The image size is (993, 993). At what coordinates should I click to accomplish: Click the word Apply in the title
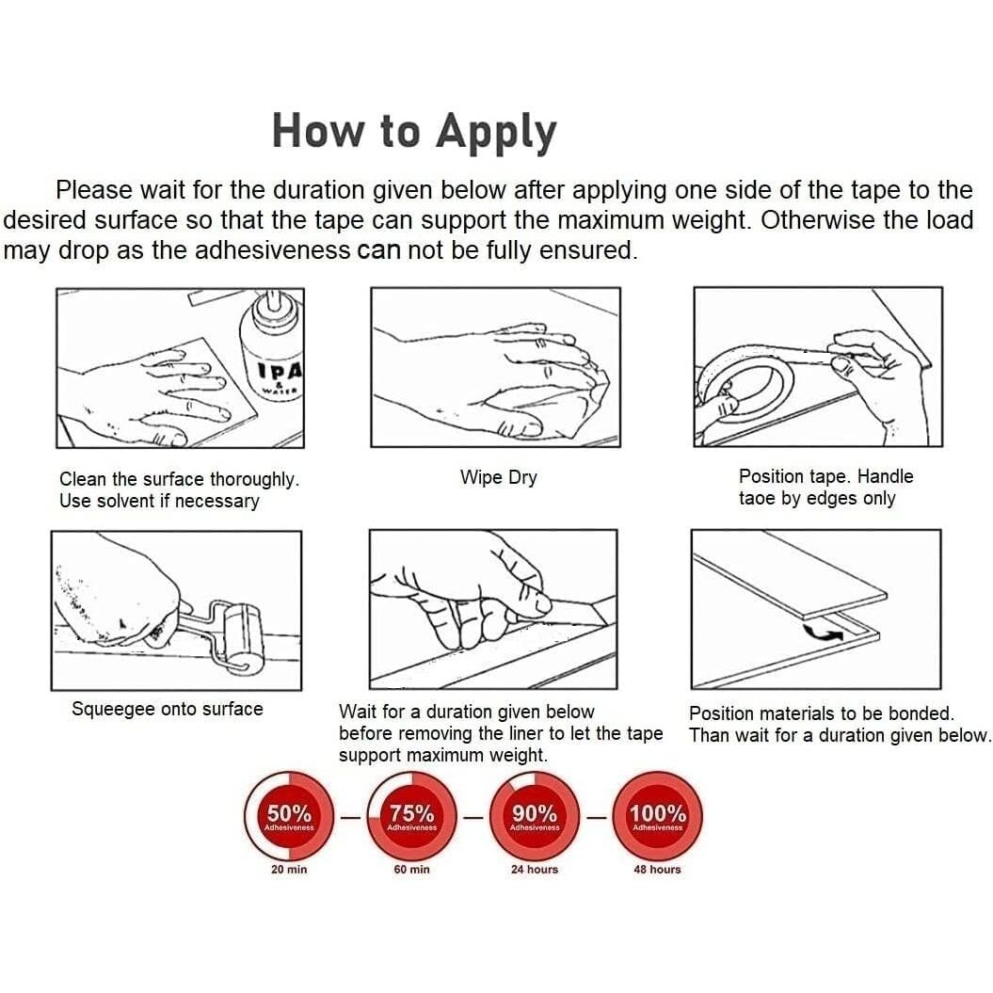496,132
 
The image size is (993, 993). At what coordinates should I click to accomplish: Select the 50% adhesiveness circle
289,816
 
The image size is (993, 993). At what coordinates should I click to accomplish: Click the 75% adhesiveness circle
411,816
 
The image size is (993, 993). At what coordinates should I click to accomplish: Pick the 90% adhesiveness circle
535,816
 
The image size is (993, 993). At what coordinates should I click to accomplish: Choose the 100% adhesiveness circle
657,816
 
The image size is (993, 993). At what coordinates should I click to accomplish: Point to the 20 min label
289,870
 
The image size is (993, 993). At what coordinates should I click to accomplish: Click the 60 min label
411,870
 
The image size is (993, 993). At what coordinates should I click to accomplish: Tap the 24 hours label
535,870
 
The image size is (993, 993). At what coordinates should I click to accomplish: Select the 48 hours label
657,870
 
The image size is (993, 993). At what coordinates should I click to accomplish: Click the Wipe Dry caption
499,477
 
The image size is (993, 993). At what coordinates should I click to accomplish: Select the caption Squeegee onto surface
168,710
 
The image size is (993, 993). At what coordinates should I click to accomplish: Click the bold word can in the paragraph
378,250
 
